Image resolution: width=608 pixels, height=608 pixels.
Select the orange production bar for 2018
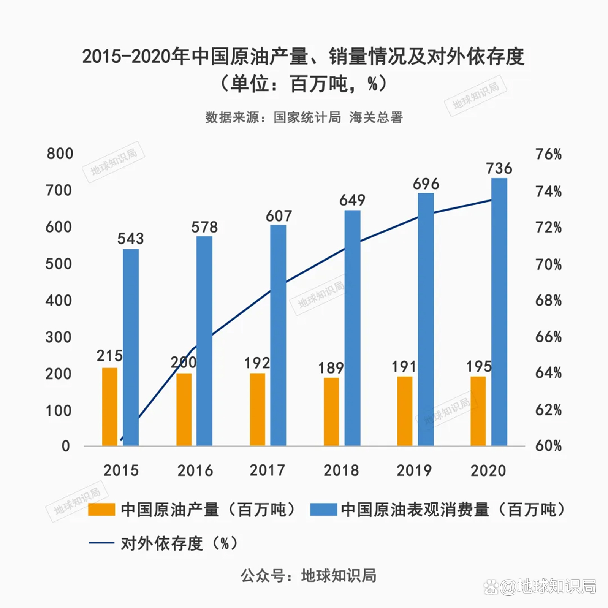point(331,411)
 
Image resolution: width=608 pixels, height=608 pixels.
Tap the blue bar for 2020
point(499,312)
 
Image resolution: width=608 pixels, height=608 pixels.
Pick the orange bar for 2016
point(184,409)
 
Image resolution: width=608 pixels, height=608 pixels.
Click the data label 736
point(499,168)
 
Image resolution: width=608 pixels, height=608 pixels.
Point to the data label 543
point(130,239)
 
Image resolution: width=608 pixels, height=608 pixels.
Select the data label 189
point(331,368)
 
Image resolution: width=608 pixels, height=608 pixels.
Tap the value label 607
point(279,216)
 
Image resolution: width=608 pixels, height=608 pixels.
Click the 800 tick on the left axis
point(60,154)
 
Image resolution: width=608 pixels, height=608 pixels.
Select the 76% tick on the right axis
point(548,154)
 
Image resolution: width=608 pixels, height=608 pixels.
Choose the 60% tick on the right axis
point(548,445)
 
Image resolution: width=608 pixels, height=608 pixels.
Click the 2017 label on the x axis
point(267,470)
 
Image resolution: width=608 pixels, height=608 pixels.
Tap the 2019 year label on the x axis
point(414,470)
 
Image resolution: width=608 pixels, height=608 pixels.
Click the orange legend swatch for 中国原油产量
point(101,510)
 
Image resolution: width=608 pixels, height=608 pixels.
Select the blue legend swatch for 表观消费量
point(323,510)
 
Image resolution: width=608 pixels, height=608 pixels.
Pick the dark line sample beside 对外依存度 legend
point(101,543)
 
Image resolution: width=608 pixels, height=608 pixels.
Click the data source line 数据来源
point(304,117)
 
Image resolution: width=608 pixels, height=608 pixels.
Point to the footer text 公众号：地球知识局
point(308,576)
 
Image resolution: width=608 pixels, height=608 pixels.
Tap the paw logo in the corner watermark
point(491,587)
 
